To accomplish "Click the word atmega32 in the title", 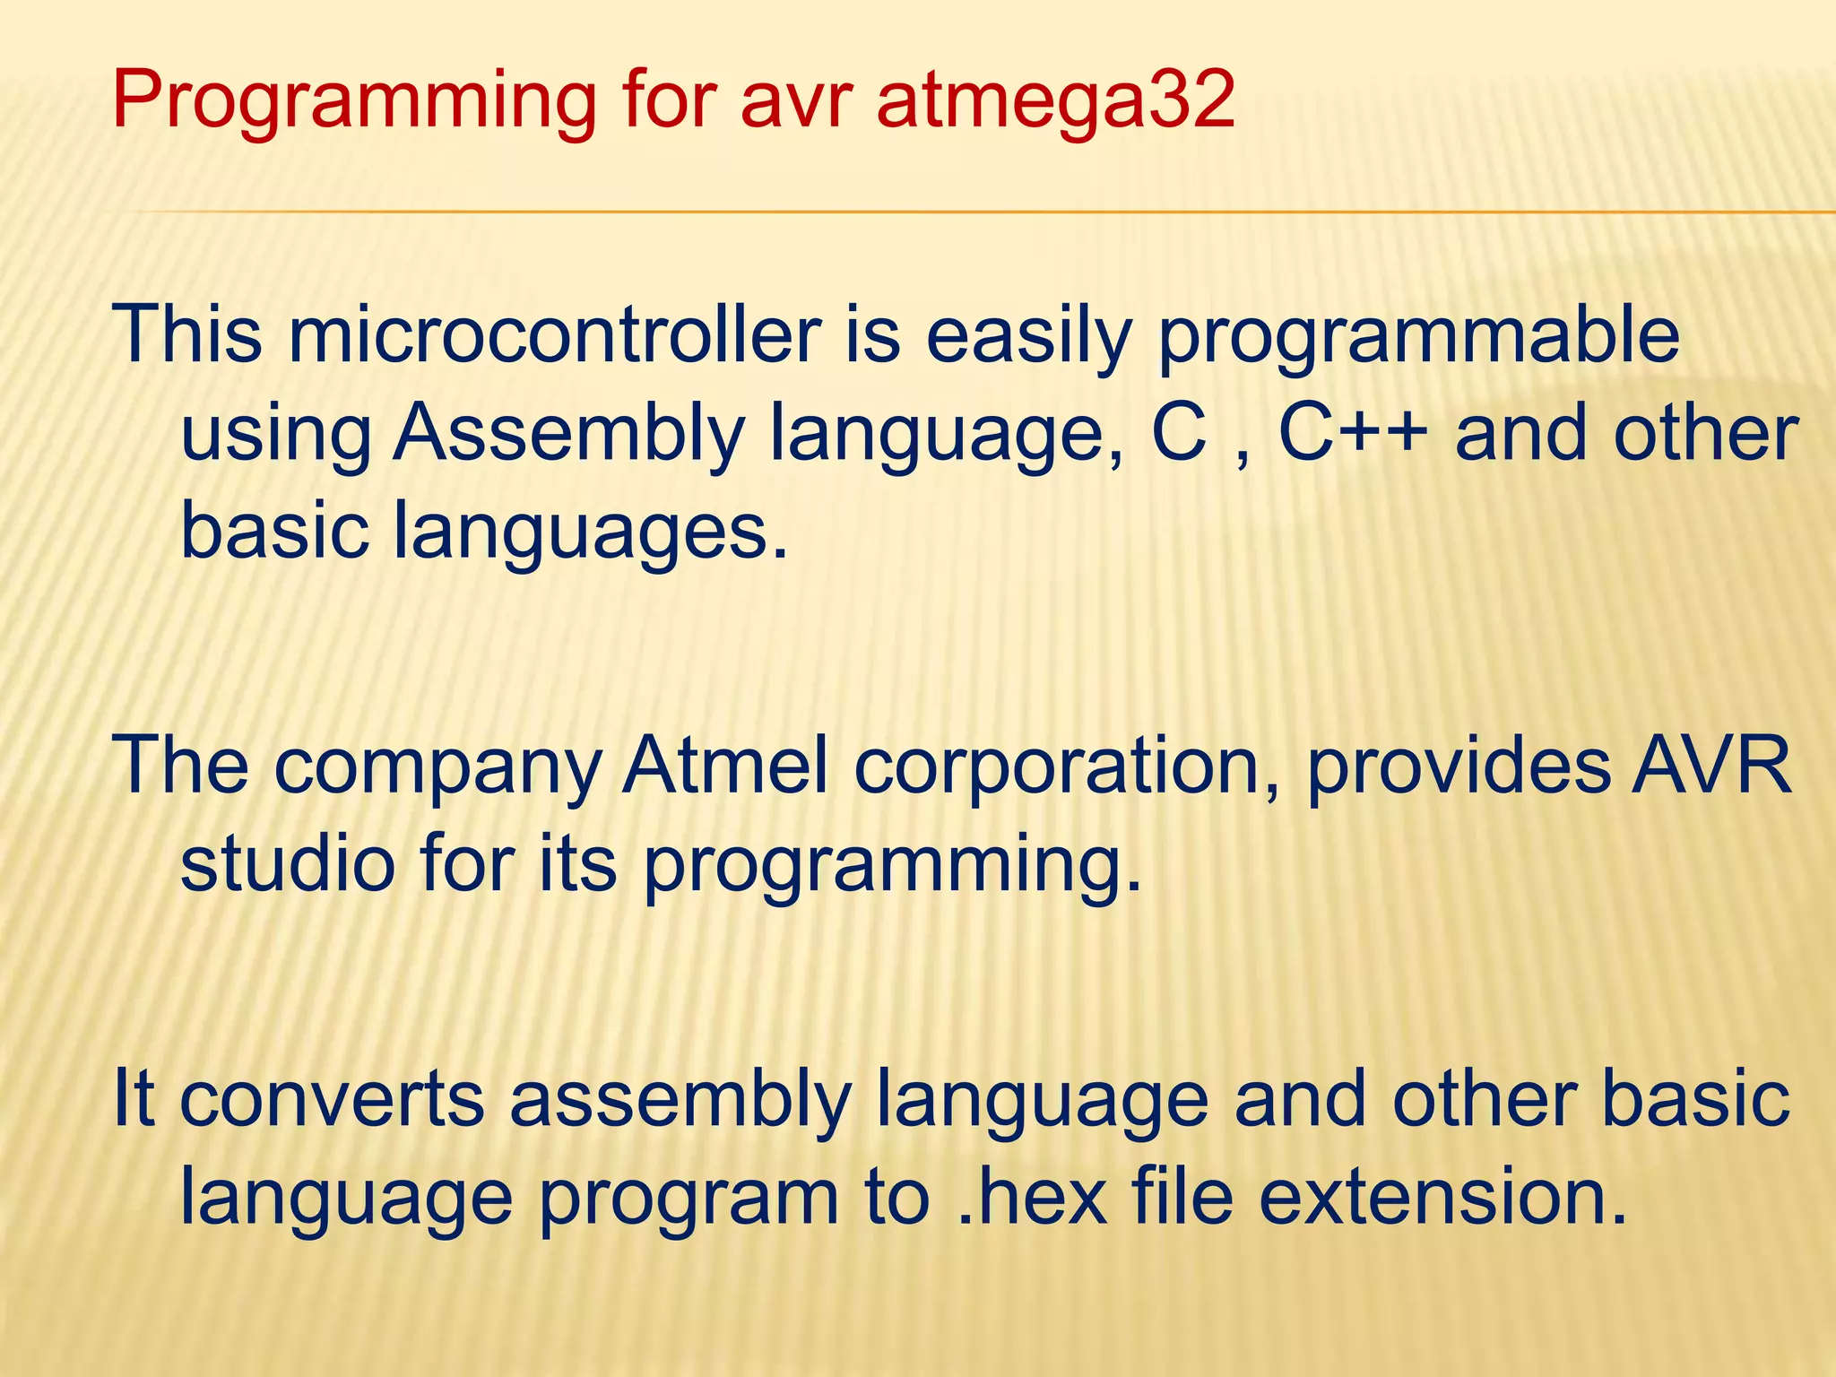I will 1054,100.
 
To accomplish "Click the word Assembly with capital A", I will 568,434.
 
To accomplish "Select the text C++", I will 1353,434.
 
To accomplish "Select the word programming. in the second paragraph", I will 892,865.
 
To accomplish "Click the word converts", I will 332,1100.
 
